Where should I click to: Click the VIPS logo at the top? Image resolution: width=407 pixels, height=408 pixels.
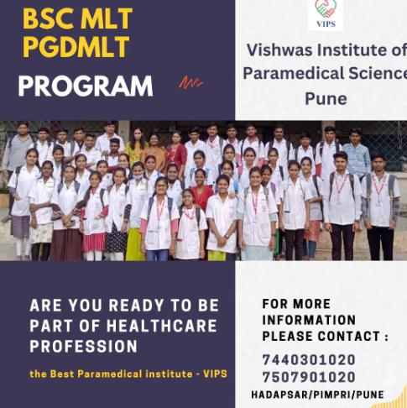[326, 13]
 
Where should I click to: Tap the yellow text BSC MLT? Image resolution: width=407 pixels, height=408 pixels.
[77, 18]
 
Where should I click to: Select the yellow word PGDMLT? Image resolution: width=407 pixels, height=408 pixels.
[76, 46]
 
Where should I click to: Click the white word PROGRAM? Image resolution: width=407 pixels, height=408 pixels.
[86, 86]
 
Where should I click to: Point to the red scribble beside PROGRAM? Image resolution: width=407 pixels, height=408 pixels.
[191, 82]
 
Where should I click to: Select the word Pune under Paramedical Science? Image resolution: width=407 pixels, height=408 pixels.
[326, 99]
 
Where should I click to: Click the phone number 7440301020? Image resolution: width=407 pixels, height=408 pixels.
[309, 360]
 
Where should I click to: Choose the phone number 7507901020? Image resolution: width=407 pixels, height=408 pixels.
[309, 377]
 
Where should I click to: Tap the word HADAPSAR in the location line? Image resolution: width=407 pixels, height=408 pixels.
[279, 395]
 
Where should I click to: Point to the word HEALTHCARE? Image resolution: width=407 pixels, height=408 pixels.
[161, 326]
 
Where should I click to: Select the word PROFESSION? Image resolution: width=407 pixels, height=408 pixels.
[83, 347]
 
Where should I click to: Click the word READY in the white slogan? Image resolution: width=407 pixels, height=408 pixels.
[136, 306]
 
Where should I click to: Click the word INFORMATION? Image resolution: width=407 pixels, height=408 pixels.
[309, 320]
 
